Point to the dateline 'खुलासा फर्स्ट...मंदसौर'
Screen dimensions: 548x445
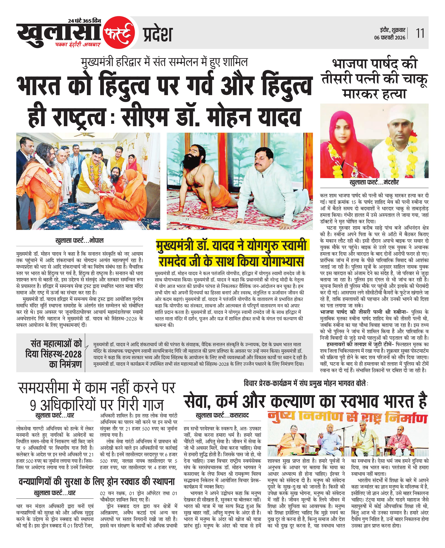(x=374, y=183)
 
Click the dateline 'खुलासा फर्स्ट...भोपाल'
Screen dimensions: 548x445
(x=79, y=241)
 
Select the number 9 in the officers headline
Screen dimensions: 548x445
(x=33, y=405)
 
